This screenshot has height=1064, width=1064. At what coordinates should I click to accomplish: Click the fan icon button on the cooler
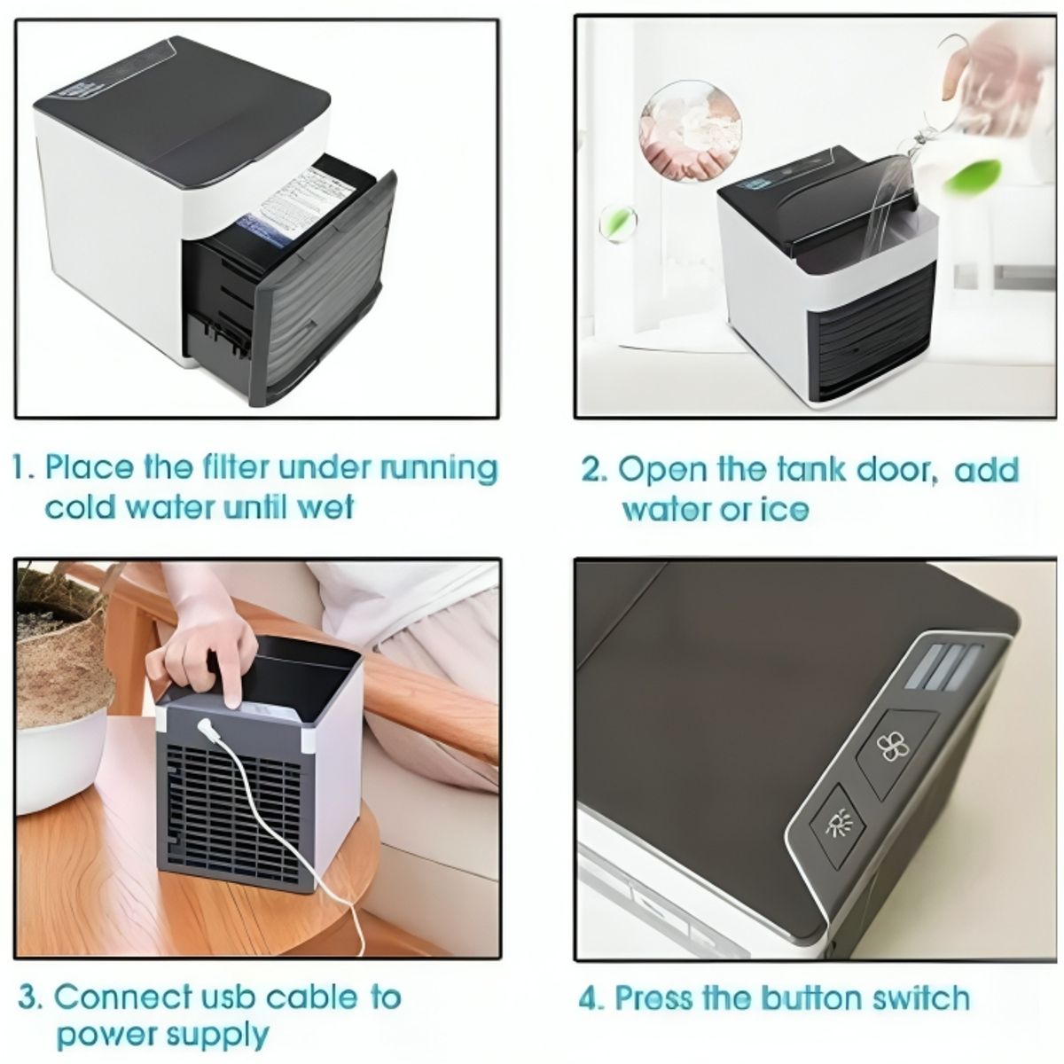[887, 747]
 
